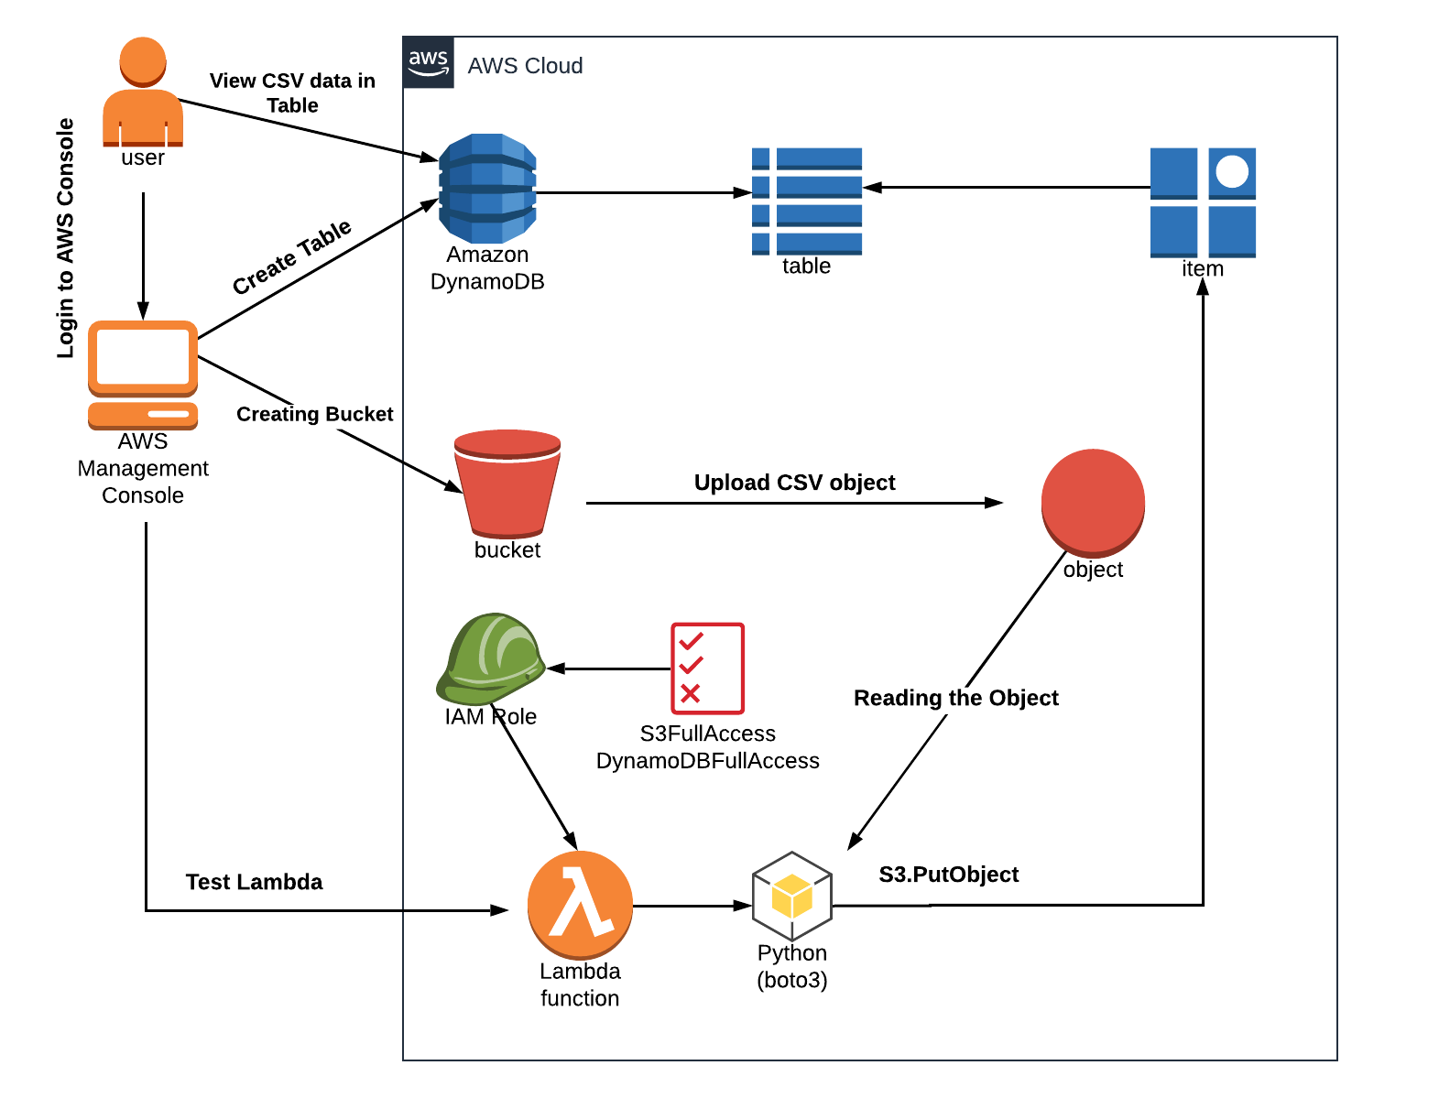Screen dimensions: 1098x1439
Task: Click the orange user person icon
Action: click(143, 92)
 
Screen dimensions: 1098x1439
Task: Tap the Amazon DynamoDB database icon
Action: click(487, 188)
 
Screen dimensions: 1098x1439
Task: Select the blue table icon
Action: click(806, 201)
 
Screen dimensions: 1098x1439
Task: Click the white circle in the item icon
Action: click(1232, 171)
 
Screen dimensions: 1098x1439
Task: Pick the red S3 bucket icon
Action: click(507, 483)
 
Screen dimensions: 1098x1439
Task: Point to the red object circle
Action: click(1093, 502)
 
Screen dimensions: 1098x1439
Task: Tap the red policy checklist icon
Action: click(707, 669)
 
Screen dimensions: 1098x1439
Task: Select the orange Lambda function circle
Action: click(580, 905)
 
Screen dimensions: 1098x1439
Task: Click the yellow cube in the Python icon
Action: click(791, 896)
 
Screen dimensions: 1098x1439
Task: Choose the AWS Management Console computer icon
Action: click(143, 375)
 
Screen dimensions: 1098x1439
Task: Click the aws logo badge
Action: click(429, 62)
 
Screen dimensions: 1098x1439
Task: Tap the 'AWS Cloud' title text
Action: click(525, 66)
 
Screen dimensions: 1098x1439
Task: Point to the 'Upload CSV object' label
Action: click(794, 483)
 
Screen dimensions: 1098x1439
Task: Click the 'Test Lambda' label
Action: click(254, 882)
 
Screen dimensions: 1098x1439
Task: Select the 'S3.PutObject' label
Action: click(948, 875)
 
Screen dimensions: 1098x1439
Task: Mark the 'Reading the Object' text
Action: click(955, 698)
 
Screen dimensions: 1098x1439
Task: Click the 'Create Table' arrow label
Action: click(291, 257)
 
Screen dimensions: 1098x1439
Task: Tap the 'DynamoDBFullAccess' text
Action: click(707, 761)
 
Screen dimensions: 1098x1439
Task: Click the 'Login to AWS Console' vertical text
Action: click(65, 238)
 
